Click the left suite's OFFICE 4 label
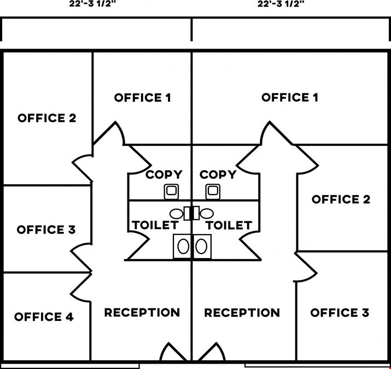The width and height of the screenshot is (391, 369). pos(44,317)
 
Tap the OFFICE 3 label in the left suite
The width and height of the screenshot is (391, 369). pos(46,230)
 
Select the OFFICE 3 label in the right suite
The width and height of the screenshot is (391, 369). pos(340,313)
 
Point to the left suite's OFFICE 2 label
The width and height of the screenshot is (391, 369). pos(47,118)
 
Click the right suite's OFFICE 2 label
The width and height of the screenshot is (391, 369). pos(341,199)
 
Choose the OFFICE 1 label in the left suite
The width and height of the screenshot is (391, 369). pos(143,97)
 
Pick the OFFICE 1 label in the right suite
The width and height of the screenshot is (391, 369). pos(290,97)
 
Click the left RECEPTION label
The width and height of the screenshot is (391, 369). pos(142,312)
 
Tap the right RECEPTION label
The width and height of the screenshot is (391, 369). pos(242,313)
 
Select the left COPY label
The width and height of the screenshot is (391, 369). pos(164,174)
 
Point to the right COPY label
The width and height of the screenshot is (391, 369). pos(218,174)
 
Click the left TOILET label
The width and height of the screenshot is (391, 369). pos(155,225)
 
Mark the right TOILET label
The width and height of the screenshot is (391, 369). pos(229,225)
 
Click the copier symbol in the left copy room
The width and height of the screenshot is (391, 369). pos(171,192)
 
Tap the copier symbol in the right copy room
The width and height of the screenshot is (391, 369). pos(213,192)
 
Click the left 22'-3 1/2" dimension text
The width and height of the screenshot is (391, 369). pos(92,4)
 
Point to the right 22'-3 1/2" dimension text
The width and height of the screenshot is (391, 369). pos(281,4)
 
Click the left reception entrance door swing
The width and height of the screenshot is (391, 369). pos(173,352)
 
